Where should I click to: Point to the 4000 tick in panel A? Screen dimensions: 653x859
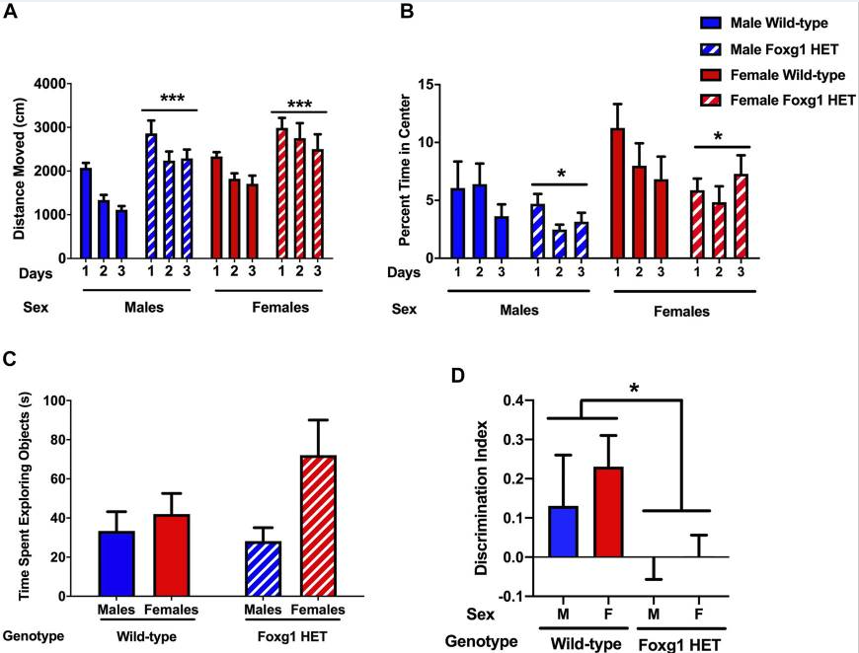[x=46, y=84]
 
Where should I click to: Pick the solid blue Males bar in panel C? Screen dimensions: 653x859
[x=117, y=563]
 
